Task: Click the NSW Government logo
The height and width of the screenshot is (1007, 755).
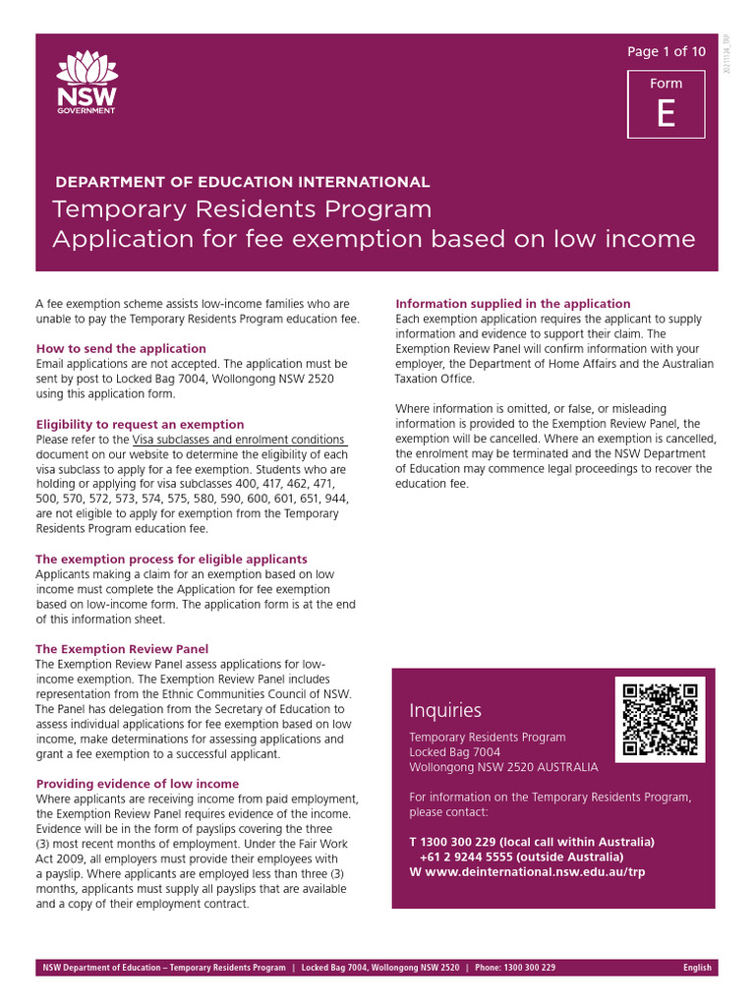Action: [x=87, y=83]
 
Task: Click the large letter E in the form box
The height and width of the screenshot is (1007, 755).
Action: [x=666, y=116]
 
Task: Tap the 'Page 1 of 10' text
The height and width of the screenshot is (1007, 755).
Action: [x=666, y=51]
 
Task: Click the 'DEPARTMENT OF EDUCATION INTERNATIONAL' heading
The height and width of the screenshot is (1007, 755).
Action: [x=242, y=182]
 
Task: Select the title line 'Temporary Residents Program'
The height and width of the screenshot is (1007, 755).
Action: [x=242, y=209]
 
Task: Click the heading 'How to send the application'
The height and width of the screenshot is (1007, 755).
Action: [x=121, y=348]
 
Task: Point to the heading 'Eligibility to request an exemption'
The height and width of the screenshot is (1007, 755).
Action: [x=140, y=424]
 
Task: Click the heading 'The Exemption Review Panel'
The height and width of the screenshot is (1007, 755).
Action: [x=122, y=649]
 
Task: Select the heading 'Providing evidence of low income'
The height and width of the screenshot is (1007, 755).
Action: [x=138, y=784]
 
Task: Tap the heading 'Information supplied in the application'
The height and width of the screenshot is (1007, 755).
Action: [x=512, y=303]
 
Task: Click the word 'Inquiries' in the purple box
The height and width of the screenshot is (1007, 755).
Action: [x=445, y=710]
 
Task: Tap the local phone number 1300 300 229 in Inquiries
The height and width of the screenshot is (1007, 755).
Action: [x=459, y=843]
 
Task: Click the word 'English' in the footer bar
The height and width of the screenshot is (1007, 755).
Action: [x=697, y=968]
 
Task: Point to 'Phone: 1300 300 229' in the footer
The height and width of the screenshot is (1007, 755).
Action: [x=515, y=968]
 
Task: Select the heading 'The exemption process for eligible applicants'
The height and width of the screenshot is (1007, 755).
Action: [x=171, y=559]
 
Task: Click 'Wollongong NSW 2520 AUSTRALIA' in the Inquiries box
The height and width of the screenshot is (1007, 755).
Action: [x=502, y=767]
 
